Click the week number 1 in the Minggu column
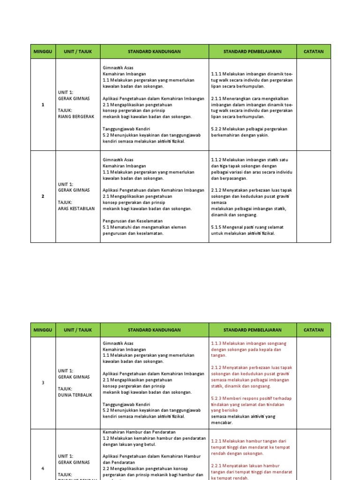coord(43,105)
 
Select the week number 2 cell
coord(43,196)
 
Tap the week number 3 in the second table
coord(43,382)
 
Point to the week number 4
coord(43,468)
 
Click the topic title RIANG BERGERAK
coord(76,117)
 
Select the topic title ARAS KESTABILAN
coord(76,209)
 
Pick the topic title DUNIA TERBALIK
coord(75,395)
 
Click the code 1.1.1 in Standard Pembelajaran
coord(216,74)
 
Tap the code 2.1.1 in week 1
coord(216,99)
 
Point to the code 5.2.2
coord(216,129)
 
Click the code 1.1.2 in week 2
coord(216,160)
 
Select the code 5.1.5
coord(216,227)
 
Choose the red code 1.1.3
coord(216,343)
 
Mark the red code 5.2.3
coord(216,398)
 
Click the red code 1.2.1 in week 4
coord(216,441)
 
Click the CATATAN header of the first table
coord(314,52)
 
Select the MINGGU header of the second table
coord(43,330)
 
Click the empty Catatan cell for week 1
coord(314,105)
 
